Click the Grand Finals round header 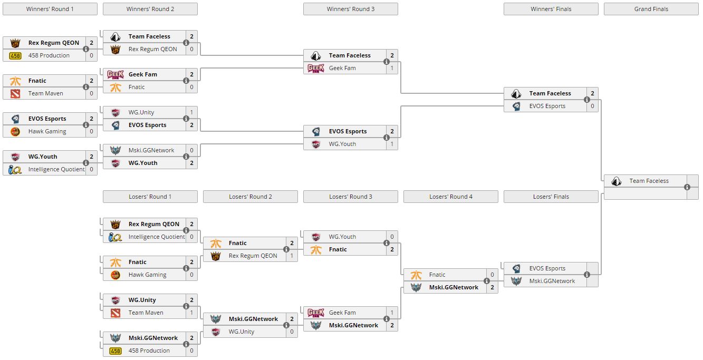click(651, 9)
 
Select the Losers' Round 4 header click(450, 197)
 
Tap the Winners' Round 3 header click(350, 9)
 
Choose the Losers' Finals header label click(551, 197)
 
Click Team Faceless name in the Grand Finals click(649, 181)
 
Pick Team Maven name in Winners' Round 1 click(46, 93)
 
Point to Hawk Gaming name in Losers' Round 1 click(147, 275)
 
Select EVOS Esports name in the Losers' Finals click(547, 268)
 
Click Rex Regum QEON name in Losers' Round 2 click(253, 256)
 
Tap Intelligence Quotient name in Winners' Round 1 click(56, 169)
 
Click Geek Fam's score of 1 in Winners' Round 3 click(392, 68)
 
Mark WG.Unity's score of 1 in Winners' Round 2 click(191, 112)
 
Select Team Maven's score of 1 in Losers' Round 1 click(191, 313)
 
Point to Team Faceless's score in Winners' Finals click(592, 93)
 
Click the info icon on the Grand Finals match click(687, 187)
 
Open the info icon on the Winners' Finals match click(587, 100)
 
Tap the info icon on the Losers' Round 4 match click(487, 281)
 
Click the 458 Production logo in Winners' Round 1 click(15, 55)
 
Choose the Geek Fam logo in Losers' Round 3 click(316, 313)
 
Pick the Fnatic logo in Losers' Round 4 click(416, 275)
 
